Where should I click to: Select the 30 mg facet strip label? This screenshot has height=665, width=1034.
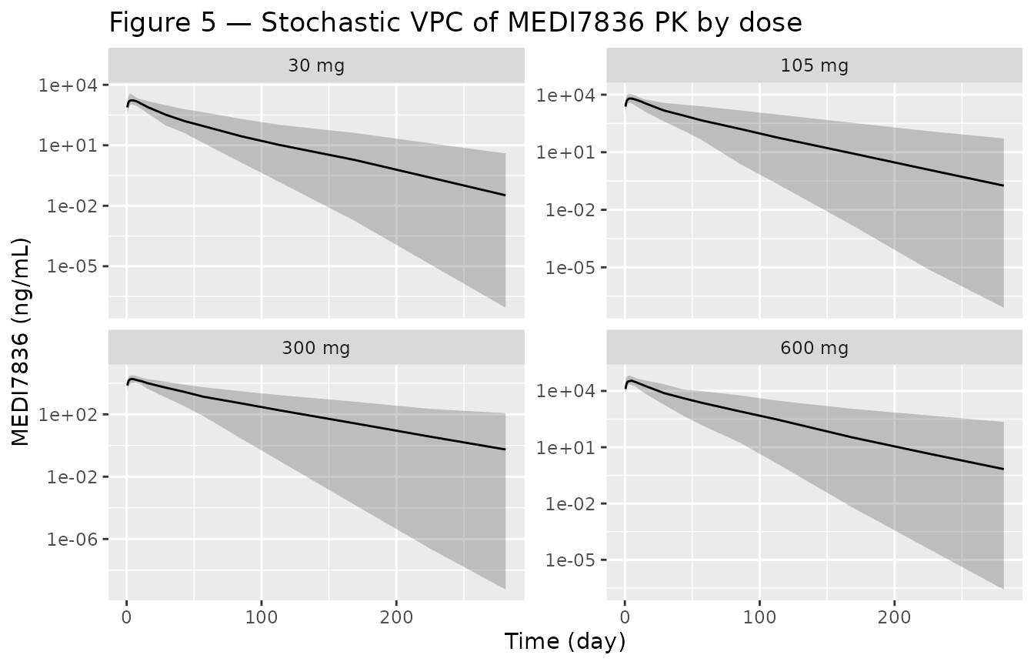(x=316, y=65)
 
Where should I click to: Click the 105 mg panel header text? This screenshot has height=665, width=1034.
(x=815, y=65)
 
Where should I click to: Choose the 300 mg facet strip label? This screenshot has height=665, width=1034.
(x=316, y=348)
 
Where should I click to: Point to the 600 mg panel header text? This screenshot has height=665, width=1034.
(x=815, y=348)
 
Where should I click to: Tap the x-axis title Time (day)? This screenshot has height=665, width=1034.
(x=565, y=641)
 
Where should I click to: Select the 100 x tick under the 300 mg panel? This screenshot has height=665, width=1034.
(x=262, y=617)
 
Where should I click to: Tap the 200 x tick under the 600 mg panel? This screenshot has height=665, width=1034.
(x=895, y=617)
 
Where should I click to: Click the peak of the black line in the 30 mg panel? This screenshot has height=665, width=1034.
(x=132, y=100)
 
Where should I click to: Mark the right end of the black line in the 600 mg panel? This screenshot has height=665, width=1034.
(x=1004, y=469)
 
